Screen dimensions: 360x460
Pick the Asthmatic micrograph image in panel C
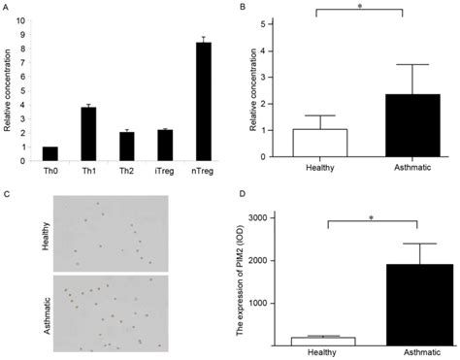pyautogui.click(x=115, y=311)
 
